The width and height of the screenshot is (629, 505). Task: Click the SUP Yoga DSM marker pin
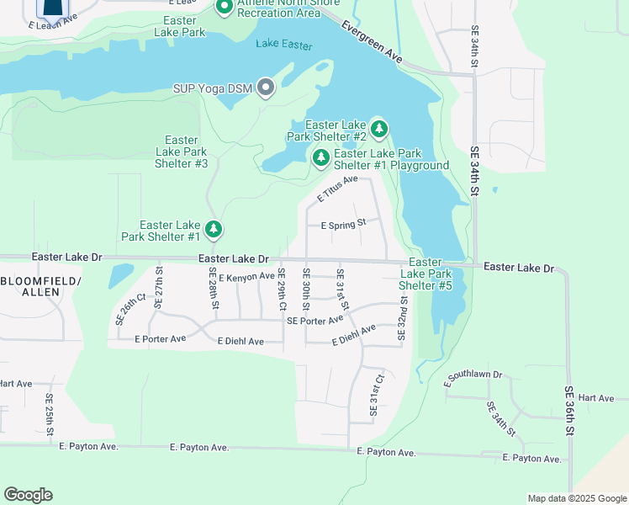tap(267, 88)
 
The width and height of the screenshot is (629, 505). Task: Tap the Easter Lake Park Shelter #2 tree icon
tap(379, 129)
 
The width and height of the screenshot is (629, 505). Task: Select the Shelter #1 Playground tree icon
tap(320, 157)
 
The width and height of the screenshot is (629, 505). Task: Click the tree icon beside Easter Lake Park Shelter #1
tap(214, 228)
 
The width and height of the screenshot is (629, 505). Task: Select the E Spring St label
tap(344, 225)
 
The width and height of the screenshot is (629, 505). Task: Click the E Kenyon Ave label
tap(247, 276)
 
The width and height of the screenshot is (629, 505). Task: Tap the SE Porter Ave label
tap(315, 321)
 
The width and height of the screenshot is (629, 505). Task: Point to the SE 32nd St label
tap(403, 317)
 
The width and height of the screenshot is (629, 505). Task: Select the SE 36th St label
tap(569, 410)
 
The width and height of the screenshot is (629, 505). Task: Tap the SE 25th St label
tap(50, 414)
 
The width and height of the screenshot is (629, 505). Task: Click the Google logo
tap(28, 495)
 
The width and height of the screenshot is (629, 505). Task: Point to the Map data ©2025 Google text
tap(577, 498)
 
